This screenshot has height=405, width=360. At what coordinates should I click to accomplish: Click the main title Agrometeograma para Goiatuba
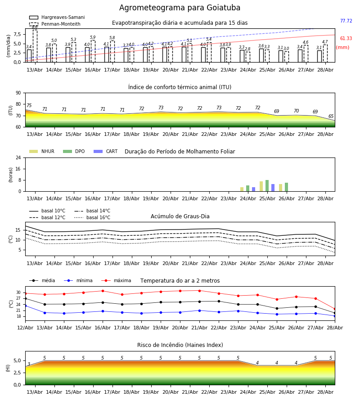tap(180, 8)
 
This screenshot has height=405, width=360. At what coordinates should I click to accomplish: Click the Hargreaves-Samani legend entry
tap(57, 17)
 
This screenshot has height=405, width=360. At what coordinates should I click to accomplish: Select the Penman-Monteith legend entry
tap(55, 24)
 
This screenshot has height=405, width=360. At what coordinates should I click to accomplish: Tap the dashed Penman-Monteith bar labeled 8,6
tap(35, 46)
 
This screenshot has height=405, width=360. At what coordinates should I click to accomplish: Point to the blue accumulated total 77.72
tap(346, 21)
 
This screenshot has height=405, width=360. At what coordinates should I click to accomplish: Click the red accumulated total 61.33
tap(346, 39)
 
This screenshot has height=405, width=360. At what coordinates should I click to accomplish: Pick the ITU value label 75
tap(29, 105)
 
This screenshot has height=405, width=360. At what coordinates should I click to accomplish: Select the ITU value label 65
tap(331, 116)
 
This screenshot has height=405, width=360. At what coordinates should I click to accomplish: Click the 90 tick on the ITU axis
tap(18, 93)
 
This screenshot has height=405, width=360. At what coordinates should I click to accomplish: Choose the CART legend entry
tap(105, 151)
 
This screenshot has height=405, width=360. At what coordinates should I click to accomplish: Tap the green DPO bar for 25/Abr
tap(267, 186)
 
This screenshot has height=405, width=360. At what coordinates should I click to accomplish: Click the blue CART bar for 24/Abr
tap(254, 189)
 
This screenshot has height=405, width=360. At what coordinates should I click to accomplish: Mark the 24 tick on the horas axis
tap(18, 157)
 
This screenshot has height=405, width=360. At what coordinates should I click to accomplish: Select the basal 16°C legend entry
tap(92, 217)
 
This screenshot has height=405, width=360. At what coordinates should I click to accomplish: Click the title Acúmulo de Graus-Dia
tap(180, 216)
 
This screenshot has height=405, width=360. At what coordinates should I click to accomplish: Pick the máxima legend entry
tap(116, 280)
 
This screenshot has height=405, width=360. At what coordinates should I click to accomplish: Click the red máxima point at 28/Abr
tap(335, 309)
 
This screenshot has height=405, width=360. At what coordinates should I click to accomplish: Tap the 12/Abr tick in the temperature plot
tap(25, 328)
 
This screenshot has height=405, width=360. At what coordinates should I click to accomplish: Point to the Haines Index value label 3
tap(29, 364)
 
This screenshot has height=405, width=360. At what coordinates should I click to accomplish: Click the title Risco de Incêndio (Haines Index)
tap(180, 345)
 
